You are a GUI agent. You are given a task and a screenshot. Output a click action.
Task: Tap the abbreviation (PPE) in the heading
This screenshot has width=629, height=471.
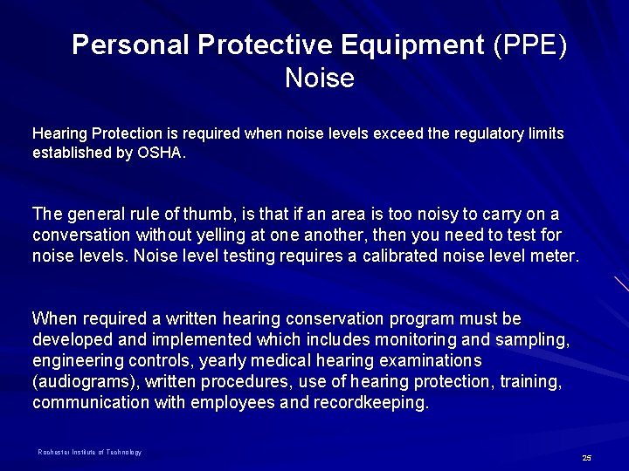pyautogui.click(x=529, y=45)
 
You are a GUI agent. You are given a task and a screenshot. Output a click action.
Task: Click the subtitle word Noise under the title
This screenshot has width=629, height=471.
pyautogui.click(x=319, y=79)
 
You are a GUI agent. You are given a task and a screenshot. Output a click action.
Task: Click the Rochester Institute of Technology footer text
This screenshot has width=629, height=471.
pyautogui.click(x=89, y=452)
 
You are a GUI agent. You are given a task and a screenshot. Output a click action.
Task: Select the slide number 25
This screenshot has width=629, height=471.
pyautogui.click(x=586, y=458)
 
